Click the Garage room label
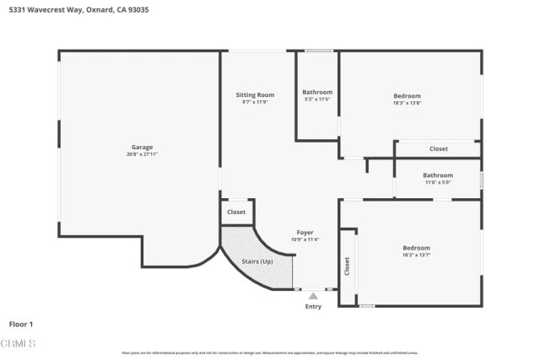pyautogui.click(x=142, y=147)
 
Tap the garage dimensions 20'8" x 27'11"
pyautogui.click(x=142, y=154)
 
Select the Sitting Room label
pyautogui.click(x=255, y=95)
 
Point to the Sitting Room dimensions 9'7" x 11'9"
pyautogui.click(x=255, y=102)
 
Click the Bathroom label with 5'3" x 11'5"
pyautogui.click(x=317, y=92)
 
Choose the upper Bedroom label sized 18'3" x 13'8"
pyautogui.click(x=407, y=95)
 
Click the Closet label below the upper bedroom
pyautogui.click(x=439, y=148)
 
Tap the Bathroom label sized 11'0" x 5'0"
pyautogui.click(x=438, y=175)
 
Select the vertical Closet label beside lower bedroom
pyautogui.click(x=347, y=266)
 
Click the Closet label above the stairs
pyautogui.click(x=236, y=212)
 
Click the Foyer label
pyautogui.click(x=305, y=232)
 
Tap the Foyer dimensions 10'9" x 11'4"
pyautogui.click(x=305, y=239)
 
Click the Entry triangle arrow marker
pyautogui.click(x=313, y=296)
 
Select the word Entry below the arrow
pyautogui.click(x=313, y=306)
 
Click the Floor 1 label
pyautogui.click(x=21, y=324)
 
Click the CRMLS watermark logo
pyautogui.click(x=19, y=344)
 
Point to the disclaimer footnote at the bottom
pyautogui.click(x=270, y=352)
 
